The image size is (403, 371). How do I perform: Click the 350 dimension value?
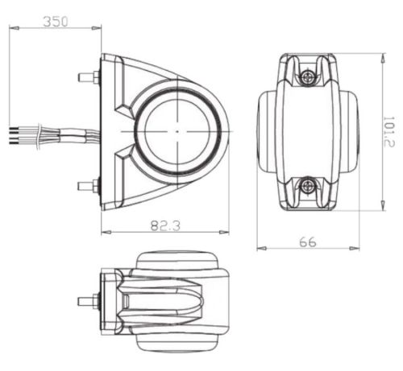(56, 22)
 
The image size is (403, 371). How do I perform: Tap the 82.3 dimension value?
(165, 225)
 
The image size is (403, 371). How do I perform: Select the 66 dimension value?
(308, 242)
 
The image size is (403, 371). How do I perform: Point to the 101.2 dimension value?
(388, 131)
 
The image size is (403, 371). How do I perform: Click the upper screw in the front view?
(307, 78)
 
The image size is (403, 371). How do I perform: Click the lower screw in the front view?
(307, 185)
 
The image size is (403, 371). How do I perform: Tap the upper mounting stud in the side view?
(89, 77)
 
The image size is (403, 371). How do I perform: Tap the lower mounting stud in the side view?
(89, 186)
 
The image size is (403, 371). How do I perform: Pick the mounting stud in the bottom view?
(89, 301)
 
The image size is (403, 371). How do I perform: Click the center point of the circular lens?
(177, 131)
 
